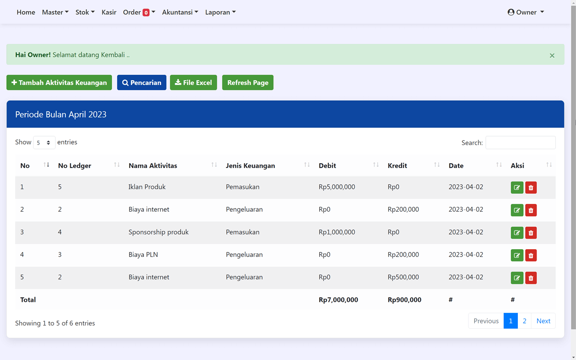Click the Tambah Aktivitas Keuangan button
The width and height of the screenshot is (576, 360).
coord(59,83)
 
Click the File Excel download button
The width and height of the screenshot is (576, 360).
coord(193,83)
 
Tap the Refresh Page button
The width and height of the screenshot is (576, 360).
coord(248,83)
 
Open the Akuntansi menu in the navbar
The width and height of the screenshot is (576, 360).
coord(180,12)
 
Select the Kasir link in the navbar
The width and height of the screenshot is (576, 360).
coord(109,12)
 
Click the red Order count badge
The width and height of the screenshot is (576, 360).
coord(146,13)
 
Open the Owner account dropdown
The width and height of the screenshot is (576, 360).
coord(526,12)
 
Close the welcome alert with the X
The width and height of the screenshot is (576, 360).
coord(552,56)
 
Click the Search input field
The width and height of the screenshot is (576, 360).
coord(520,143)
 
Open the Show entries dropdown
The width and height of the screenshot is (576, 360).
coord(44,143)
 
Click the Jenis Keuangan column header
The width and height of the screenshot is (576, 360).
coord(251,166)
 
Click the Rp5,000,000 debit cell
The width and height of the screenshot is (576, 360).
coord(337,187)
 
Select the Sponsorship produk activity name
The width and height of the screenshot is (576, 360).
coord(158,232)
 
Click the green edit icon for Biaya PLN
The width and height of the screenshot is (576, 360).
coord(517,255)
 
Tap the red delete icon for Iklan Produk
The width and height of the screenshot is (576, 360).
coord(531,188)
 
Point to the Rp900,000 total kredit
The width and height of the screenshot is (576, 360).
coord(405,300)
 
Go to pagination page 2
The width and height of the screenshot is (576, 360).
coord(524,321)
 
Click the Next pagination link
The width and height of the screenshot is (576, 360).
coord(543,321)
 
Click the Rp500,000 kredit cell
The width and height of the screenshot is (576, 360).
coord(403,277)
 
